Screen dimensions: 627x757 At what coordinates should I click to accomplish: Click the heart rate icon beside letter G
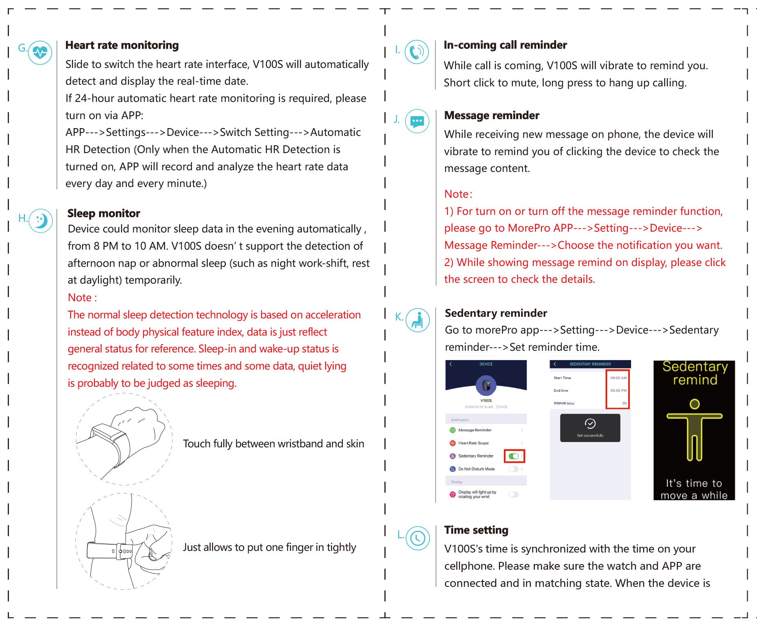[x=40, y=52]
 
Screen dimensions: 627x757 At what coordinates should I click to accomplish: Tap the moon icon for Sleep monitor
[x=40, y=221]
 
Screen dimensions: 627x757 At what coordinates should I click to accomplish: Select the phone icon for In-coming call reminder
[x=417, y=52]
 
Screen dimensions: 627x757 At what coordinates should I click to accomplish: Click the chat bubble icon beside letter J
[x=417, y=121]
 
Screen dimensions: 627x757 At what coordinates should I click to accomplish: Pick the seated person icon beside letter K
[x=418, y=320]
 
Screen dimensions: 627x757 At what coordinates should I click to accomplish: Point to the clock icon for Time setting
[x=418, y=538]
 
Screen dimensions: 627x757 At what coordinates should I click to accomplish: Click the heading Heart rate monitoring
[x=122, y=45]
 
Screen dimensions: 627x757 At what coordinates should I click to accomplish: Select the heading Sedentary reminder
[x=496, y=313]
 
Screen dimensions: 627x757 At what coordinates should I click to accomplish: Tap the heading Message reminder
[x=492, y=115]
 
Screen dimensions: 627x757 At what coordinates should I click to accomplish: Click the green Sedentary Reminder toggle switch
[x=514, y=456]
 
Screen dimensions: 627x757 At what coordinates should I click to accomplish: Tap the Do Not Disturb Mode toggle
[x=513, y=469]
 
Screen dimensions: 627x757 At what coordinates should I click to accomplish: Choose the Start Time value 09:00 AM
[x=618, y=378]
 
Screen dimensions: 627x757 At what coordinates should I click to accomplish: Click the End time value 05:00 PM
[x=618, y=390]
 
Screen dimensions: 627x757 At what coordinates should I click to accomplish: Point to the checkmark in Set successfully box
[x=590, y=424]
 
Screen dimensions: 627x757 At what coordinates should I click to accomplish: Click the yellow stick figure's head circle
[x=694, y=404]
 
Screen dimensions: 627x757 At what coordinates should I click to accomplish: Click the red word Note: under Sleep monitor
[x=82, y=298]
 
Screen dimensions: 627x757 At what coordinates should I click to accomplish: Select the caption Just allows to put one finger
[x=269, y=547]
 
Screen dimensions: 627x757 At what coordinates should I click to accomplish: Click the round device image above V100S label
[x=486, y=385]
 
